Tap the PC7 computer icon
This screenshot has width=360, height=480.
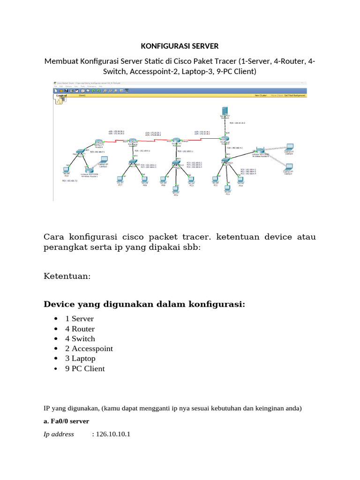(120, 178)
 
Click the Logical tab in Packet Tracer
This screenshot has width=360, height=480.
(61, 95)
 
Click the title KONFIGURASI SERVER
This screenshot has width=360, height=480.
(180, 46)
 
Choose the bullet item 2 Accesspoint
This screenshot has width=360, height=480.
(89, 348)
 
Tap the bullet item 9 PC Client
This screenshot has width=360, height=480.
(85, 368)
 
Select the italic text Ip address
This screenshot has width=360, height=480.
(59, 434)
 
